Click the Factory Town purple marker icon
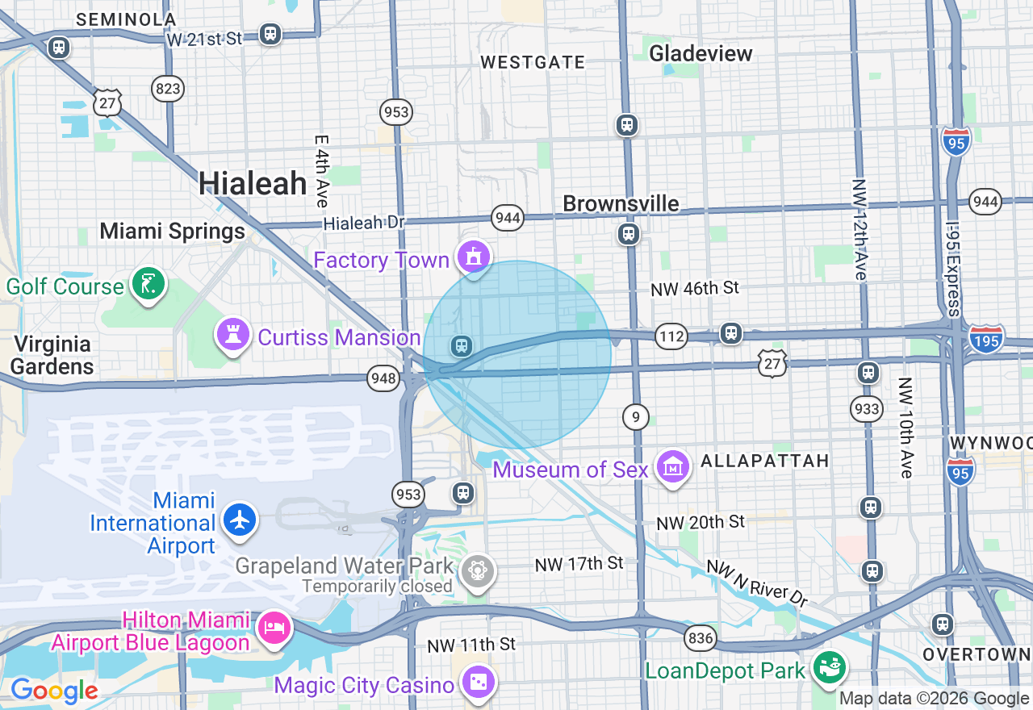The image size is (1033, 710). tap(474, 257)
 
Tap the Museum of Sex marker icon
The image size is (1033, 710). tap(672, 467)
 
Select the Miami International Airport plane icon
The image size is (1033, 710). tap(240, 519)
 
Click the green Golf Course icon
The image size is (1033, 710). tap(149, 284)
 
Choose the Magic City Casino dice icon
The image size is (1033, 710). tap(477, 683)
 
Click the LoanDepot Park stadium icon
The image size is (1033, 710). tap(829, 668)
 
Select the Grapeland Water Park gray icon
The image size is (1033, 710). tap(478, 572)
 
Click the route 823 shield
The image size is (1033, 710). tap(169, 89)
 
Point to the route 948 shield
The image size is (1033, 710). tap(383, 377)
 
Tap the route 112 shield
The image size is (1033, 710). tap(671, 336)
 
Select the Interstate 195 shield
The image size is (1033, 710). tap(987, 337)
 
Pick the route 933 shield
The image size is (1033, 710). tap(867, 409)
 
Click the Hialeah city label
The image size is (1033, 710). tap(253, 184)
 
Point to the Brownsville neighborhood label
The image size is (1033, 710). tap(621, 203)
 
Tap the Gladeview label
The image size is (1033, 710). tap(701, 54)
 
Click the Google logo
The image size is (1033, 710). tap(54, 691)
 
